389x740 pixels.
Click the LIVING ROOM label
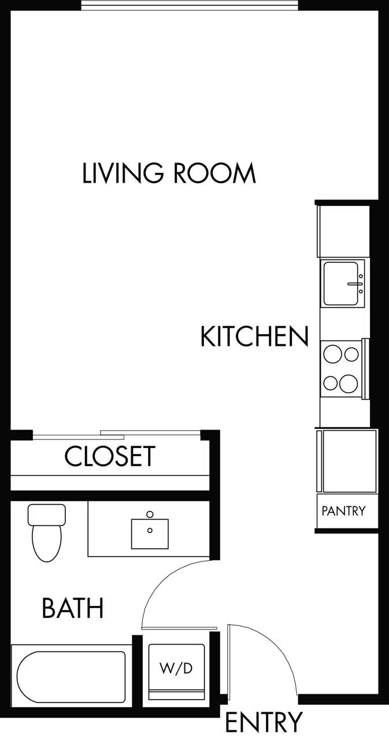point(169,173)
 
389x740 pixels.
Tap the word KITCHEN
point(254,336)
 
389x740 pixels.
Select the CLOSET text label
point(110,456)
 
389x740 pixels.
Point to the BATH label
point(73,608)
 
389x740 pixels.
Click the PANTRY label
point(343,511)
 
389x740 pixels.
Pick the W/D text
point(176,669)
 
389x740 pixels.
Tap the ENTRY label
point(263,723)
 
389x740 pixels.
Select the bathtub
point(71,674)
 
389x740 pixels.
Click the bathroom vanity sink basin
point(150,534)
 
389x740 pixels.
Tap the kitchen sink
point(340,283)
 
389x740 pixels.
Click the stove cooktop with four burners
point(341,368)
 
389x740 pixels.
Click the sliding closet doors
point(116,434)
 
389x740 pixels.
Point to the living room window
point(190,6)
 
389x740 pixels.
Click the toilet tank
point(47,514)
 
